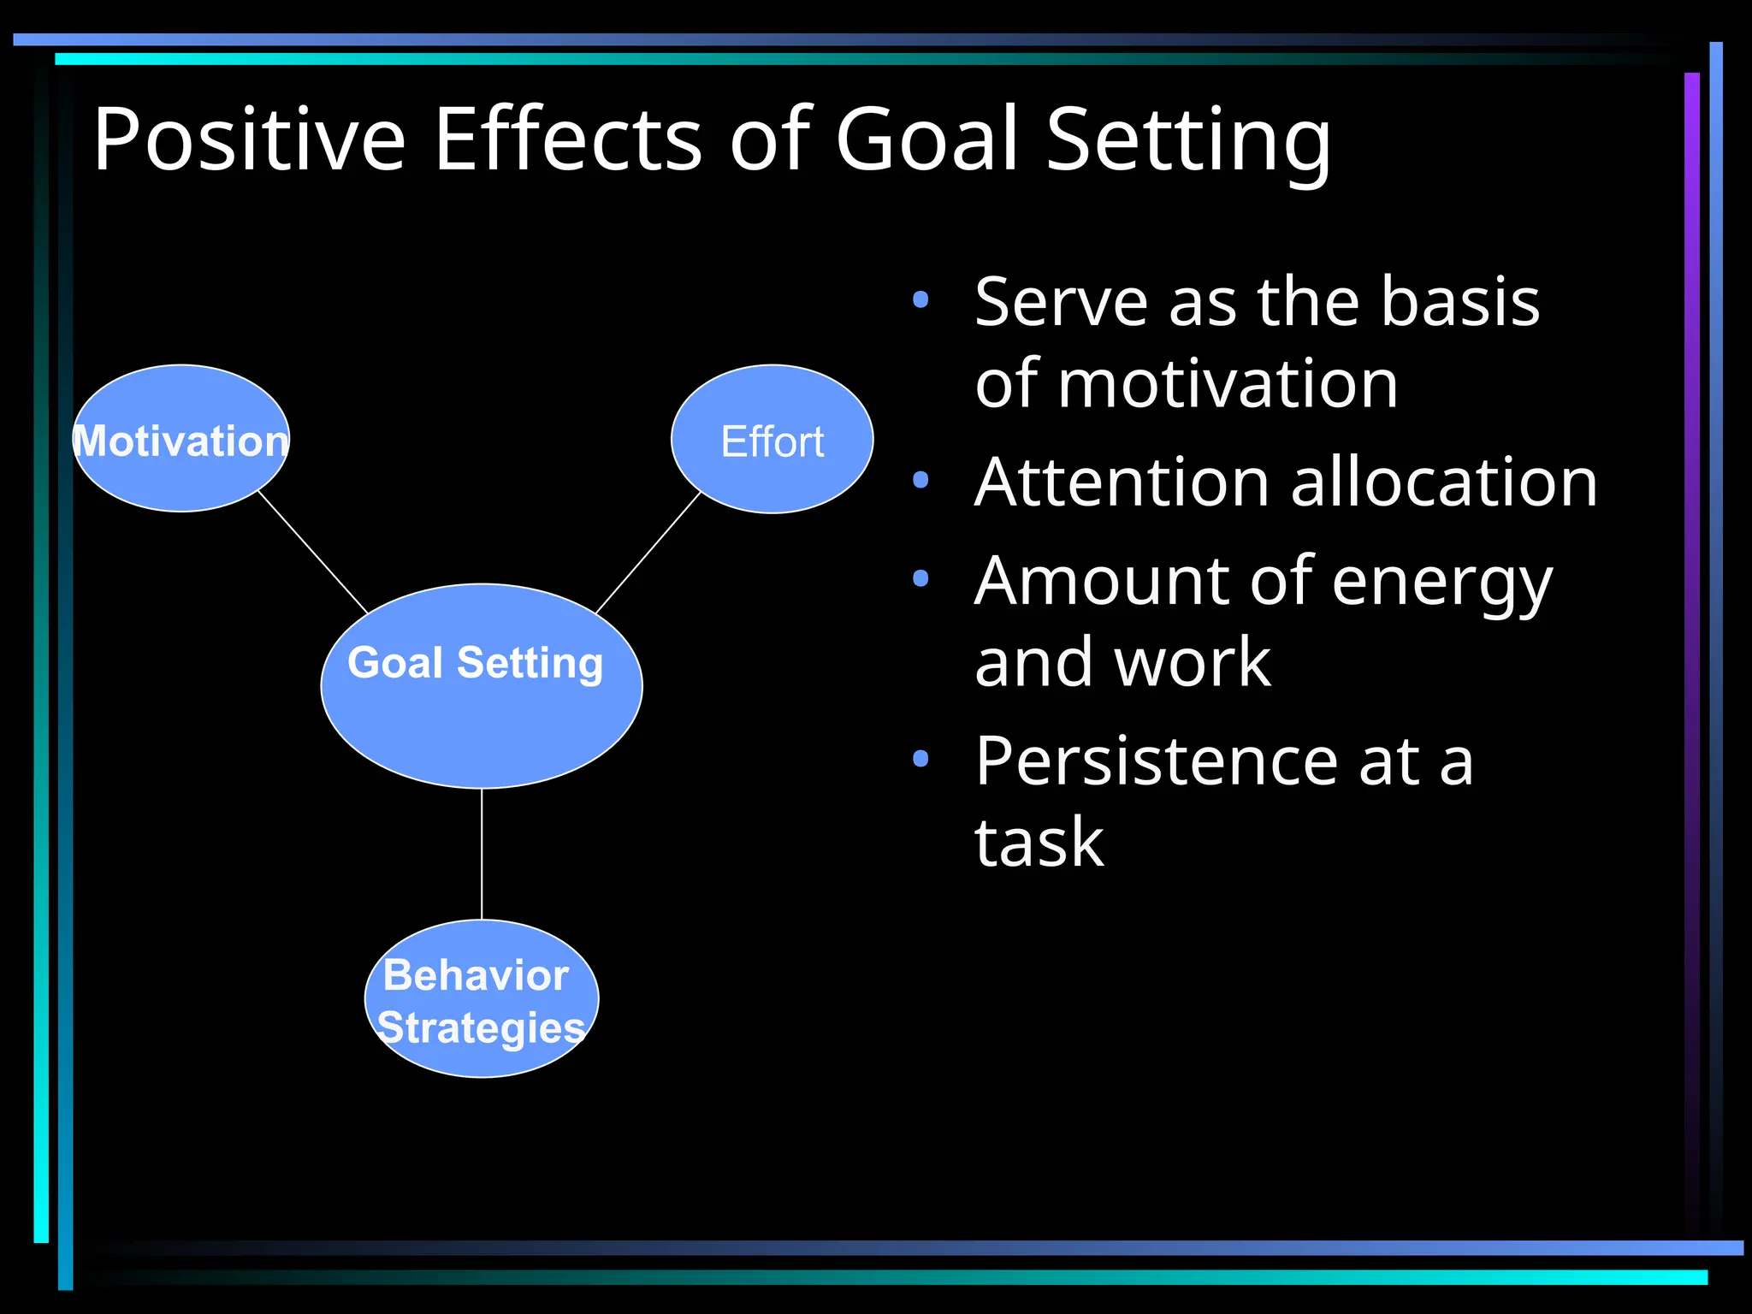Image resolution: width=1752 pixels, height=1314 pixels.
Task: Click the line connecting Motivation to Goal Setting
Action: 312,552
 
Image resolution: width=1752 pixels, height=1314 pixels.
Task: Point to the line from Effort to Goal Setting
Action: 648,553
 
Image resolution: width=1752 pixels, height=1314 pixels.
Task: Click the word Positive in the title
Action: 248,139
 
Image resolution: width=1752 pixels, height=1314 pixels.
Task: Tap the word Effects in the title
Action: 568,139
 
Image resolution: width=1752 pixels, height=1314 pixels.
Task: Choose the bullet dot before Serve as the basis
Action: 920,299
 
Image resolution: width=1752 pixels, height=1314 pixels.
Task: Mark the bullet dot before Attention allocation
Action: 920,480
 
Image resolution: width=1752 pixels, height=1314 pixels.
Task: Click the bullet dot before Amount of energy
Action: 920,578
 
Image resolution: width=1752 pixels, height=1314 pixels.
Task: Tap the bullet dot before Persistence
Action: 920,758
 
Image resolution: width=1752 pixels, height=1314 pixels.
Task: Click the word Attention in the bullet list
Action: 1122,482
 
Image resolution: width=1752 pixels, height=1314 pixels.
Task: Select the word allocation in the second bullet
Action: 1443,482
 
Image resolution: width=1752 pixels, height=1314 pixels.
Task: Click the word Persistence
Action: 1156,761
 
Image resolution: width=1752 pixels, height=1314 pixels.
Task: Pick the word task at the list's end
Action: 1039,843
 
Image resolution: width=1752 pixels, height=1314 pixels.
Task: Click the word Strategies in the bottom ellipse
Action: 481,1027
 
